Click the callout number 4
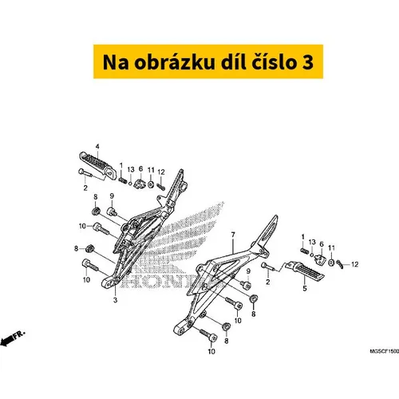point(97,147)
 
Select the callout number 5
point(305,288)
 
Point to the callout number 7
point(233,235)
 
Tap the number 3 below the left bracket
point(115,300)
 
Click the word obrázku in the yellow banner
point(174,62)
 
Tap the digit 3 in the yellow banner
point(308,62)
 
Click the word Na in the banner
point(116,62)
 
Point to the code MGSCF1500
point(385,351)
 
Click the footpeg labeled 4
point(98,165)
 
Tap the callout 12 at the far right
point(355,264)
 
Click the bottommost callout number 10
point(211,352)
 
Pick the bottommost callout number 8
point(227,341)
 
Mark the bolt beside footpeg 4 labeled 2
point(85,173)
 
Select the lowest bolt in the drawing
point(208,335)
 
